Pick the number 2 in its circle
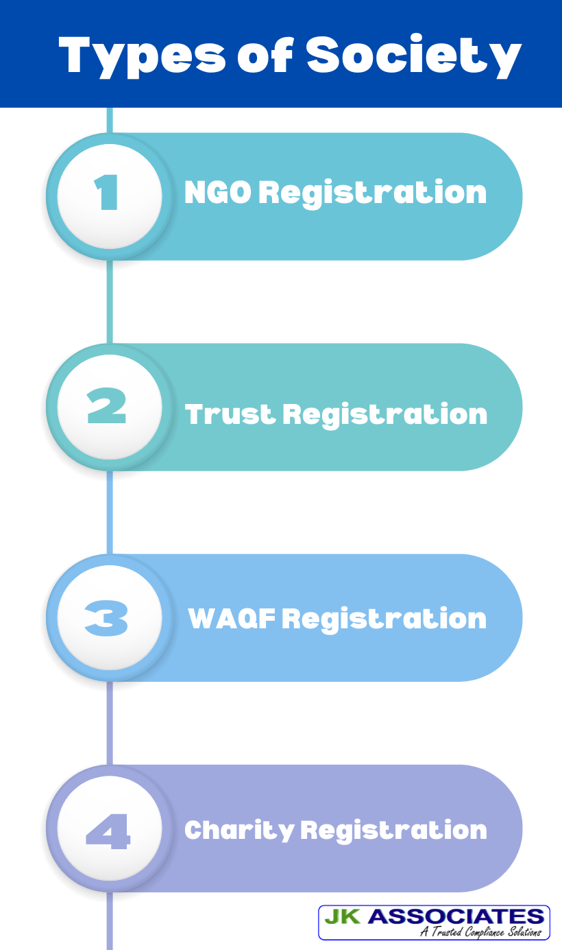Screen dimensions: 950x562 coord(108,407)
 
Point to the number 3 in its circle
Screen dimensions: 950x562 coord(108,618)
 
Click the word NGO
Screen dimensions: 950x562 coord(217,193)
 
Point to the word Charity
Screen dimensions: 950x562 coord(238,830)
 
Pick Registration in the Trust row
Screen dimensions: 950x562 coord(384,414)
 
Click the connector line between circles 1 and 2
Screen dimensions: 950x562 coord(110,302)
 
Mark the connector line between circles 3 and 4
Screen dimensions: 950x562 coord(109,724)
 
